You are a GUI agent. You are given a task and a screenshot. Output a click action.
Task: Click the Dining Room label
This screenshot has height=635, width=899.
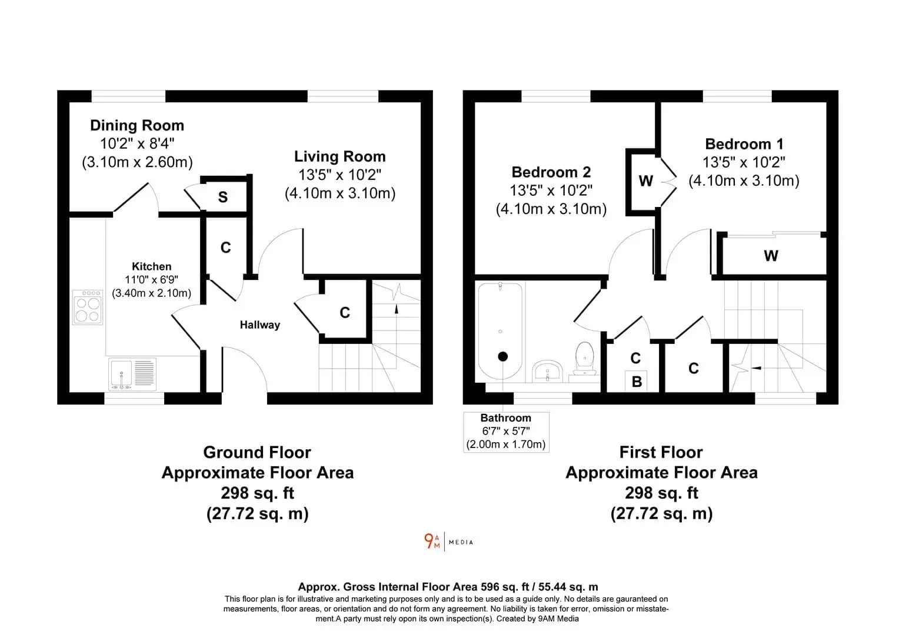tap(137, 126)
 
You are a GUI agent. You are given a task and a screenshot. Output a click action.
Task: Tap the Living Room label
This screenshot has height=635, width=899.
tap(340, 156)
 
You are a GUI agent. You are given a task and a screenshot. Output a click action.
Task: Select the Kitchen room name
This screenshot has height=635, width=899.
tap(152, 266)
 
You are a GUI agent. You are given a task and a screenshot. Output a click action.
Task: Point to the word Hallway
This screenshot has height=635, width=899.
tap(260, 325)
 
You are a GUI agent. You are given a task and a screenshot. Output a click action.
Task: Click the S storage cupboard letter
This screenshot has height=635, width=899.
tap(223, 197)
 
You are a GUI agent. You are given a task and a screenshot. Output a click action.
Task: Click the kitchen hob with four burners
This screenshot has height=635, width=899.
tap(88, 307)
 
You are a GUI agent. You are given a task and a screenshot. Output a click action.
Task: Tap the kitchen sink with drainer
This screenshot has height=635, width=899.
tap(132, 375)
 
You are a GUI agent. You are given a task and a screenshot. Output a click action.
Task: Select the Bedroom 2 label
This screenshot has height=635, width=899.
tap(551, 172)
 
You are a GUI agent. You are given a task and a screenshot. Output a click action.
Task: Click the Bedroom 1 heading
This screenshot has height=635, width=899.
tap(744, 144)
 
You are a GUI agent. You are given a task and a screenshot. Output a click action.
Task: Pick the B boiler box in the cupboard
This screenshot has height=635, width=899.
tap(637, 381)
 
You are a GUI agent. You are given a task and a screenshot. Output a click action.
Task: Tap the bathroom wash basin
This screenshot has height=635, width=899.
tap(547, 371)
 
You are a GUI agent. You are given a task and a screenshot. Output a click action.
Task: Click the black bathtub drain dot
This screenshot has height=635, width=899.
tap(502, 356)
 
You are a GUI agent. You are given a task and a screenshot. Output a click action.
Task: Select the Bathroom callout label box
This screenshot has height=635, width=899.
tap(506, 432)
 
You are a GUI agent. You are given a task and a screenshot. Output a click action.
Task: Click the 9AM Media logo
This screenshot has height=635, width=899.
tap(449, 542)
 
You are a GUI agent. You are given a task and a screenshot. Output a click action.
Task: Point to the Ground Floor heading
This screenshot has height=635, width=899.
tap(257, 453)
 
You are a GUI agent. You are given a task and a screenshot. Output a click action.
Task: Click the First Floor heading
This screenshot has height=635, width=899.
tap(661, 453)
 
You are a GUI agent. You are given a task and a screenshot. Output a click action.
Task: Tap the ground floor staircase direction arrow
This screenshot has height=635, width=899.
tap(397, 309)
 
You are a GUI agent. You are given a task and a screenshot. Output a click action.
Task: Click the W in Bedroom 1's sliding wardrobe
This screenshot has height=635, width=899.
tap(771, 256)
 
